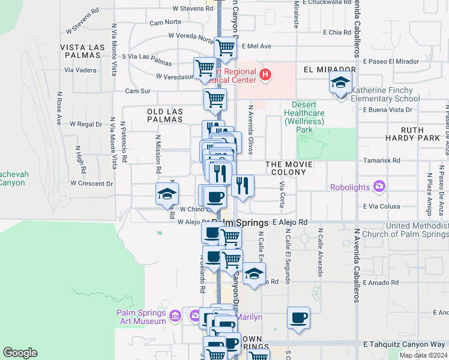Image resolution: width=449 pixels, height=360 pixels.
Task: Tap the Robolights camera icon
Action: coord(379,187)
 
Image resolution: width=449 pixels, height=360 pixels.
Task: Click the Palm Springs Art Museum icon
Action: coord(175,315)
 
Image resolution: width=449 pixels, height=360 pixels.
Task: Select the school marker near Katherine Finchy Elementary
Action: coord(340,82)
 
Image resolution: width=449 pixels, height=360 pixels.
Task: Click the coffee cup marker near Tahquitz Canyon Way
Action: coord(298,318)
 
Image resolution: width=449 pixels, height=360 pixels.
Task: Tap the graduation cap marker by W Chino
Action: coord(167,194)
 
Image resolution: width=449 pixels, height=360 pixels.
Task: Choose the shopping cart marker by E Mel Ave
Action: coord(225,47)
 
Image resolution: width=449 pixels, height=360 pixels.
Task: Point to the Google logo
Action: coord(20,353)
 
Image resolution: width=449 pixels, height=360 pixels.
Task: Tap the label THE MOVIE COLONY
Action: coord(286,167)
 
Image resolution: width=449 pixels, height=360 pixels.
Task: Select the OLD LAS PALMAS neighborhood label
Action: coord(164,115)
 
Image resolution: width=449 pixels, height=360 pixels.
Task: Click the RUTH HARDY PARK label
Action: coord(420,134)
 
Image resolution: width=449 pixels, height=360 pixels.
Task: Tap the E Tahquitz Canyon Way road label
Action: coord(405,344)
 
